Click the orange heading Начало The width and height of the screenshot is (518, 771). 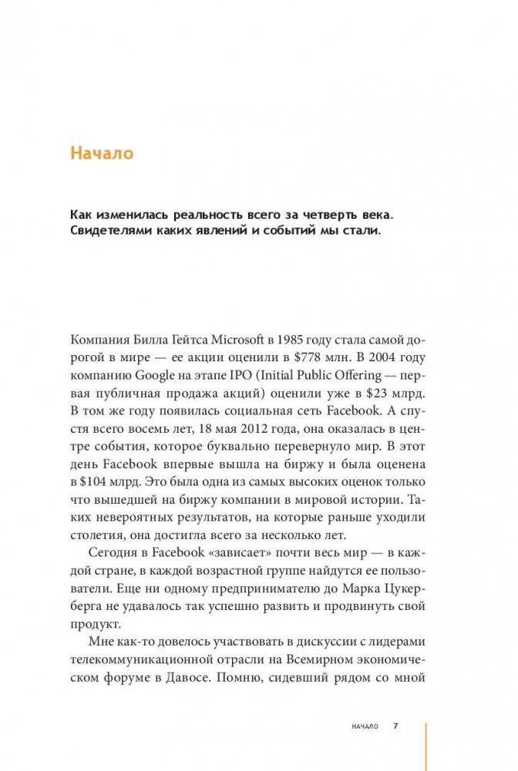click(102, 153)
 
